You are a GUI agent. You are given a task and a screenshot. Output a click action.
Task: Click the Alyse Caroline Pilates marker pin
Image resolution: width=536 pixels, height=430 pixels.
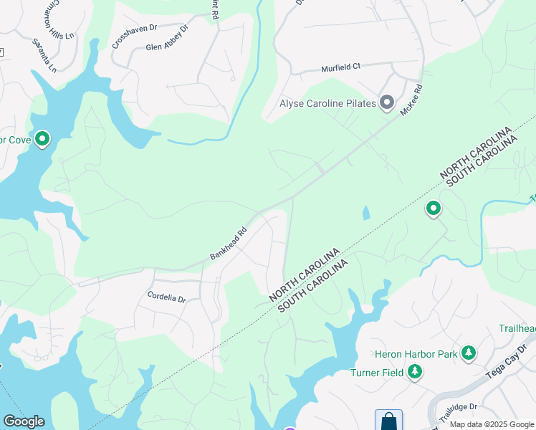point(387,104)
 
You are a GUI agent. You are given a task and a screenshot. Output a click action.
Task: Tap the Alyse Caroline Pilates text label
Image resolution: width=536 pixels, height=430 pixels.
point(327,104)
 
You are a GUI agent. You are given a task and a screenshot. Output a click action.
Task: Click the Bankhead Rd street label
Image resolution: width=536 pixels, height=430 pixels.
point(228,244)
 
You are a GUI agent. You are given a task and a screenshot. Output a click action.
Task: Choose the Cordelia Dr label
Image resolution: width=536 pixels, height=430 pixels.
point(166,296)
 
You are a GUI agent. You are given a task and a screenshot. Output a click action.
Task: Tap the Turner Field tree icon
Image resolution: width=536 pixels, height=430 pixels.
point(414,372)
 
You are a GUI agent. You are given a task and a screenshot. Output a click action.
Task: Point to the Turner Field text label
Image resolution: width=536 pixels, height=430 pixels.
point(375,373)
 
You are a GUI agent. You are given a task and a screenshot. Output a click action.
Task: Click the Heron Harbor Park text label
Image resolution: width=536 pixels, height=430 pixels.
point(416,353)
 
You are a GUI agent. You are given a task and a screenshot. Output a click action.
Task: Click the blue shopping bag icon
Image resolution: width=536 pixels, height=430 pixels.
point(388,420)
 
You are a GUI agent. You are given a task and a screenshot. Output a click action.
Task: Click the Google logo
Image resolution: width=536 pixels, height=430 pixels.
point(24,421)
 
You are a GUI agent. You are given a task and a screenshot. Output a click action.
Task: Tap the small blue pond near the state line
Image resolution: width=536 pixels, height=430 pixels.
point(367,213)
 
